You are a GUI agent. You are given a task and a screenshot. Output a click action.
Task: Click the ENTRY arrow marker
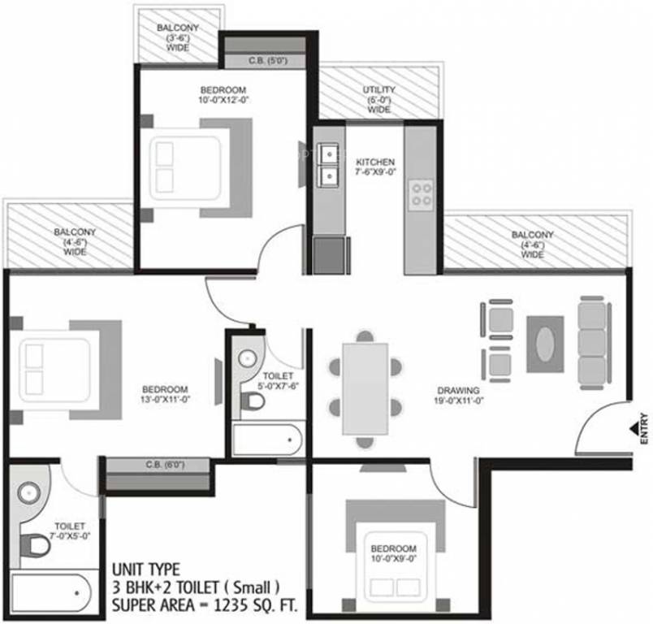[634, 428]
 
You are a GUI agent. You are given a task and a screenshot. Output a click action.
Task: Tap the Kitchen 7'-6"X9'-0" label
[375, 167]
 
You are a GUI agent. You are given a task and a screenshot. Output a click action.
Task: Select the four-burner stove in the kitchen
[421, 195]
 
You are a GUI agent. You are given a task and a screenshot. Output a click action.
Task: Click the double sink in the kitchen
[329, 166]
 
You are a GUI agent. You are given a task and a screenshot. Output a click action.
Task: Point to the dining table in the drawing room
[365, 389]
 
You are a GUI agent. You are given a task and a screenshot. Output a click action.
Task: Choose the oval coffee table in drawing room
[545, 344]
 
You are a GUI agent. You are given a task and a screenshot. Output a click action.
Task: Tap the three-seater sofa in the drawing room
[593, 342]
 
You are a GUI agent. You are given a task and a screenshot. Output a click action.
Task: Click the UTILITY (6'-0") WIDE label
[379, 100]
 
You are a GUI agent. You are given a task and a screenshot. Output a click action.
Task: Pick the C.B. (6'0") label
[165, 465]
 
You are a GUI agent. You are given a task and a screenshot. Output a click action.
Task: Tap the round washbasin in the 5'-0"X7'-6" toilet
[248, 357]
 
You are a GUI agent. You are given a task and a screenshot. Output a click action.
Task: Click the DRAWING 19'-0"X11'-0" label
[459, 396]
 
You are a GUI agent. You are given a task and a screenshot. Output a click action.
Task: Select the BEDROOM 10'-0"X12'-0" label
[223, 94]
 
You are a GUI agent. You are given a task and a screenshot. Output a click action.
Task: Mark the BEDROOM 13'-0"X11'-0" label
[166, 395]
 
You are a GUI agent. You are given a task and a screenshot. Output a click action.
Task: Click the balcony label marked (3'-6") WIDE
[178, 37]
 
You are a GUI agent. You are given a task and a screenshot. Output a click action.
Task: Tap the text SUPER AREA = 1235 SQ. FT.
[205, 604]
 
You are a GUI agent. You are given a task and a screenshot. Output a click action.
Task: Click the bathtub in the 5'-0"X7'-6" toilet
[267, 440]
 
